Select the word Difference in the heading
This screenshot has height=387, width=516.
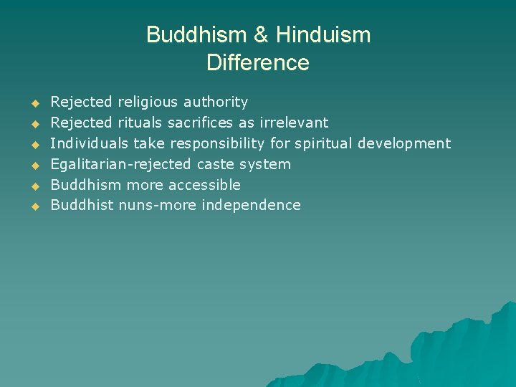(x=258, y=62)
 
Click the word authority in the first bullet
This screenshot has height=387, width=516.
(x=216, y=102)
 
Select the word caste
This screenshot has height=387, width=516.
(x=216, y=164)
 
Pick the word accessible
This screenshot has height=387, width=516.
(x=207, y=184)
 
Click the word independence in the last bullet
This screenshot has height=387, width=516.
(x=251, y=205)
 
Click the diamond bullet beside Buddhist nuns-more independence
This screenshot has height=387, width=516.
(x=33, y=206)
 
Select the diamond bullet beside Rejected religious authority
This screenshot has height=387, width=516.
(x=33, y=103)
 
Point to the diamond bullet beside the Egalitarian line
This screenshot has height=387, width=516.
(x=33, y=165)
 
